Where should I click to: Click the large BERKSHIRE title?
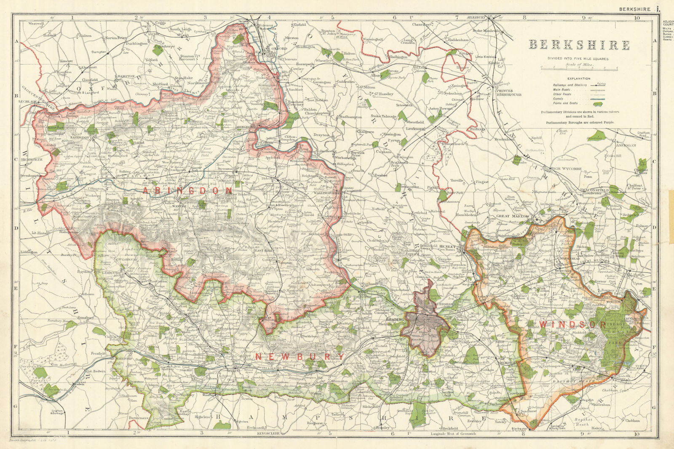(x=579, y=45)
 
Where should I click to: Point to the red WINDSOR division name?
(x=572, y=325)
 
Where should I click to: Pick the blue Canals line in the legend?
(x=597, y=98)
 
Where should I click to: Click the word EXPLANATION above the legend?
(x=579, y=78)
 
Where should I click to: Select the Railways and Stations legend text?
(x=569, y=85)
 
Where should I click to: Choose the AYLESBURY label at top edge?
(x=476, y=17)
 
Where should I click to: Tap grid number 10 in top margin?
(x=637, y=18)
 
